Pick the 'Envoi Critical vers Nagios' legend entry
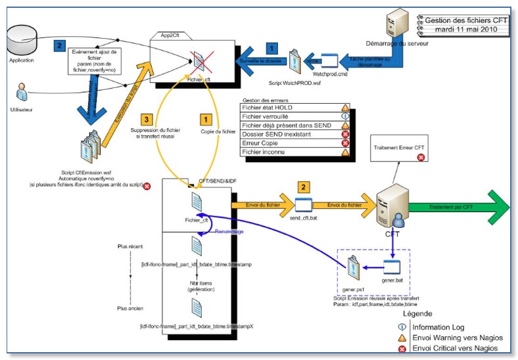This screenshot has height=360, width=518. tap(454, 348)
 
